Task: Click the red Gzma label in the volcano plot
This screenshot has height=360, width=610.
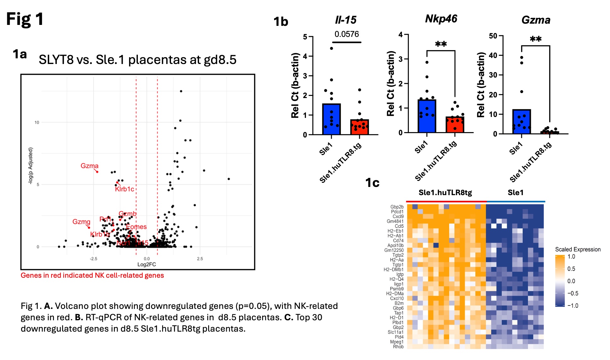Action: (x=89, y=166)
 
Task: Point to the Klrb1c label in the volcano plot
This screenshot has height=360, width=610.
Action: (x=124, y=189)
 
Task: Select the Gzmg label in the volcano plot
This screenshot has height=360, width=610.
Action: (x=81, y=222)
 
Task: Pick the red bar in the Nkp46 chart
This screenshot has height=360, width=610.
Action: (x=455, y=125)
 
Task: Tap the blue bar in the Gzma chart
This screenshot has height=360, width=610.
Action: (x=521, y=122)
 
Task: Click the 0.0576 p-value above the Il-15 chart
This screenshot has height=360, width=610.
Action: (x=347, y=34)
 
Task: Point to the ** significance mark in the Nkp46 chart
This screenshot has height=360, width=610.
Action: (x=441, y=44)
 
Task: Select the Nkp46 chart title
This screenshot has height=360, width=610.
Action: (x=441, y=19)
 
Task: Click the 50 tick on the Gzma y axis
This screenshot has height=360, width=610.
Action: (x=493, y=36)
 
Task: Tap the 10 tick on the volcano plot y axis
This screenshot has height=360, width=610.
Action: (x=37, y=122)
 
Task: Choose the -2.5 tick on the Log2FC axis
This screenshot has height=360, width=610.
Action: (x=93, y=259)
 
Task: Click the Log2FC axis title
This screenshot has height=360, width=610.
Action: (x=146, y=264)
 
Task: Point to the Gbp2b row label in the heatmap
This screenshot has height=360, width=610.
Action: (x=397, y=207)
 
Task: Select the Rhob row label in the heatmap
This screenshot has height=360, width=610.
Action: (x=398, y=347)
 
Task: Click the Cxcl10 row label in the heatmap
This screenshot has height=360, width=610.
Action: (x=396, y=298)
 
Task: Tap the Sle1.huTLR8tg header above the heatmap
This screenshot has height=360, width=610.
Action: (x=445, y=193)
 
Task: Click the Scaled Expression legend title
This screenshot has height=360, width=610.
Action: (x=578, y=249)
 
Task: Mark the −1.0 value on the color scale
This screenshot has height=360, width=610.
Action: (x=573, y=305)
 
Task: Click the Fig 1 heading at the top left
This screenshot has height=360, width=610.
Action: (x=25, y=19)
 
